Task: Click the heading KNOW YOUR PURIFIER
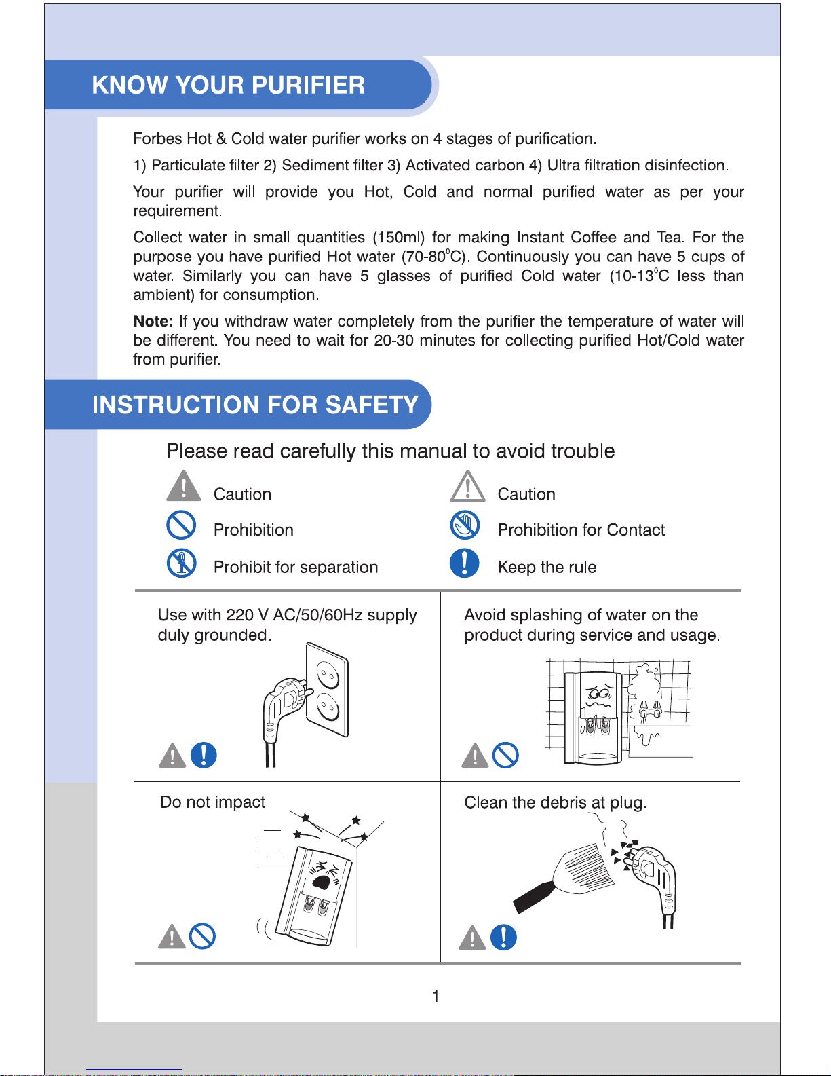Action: coord(228,85)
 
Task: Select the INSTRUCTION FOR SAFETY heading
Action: coord(255,405)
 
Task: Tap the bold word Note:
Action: coord(153,321)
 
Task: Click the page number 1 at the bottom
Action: coord(436,996)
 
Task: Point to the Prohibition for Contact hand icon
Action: coord(465,525)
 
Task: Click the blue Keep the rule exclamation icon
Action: coord(464,563)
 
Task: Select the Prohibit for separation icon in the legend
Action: coord(182,563)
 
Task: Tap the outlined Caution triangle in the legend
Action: coord(467,486)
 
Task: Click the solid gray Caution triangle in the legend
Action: coord(184,486)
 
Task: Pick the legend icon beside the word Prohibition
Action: coord(182,525)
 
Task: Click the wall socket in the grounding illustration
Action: coord(327,689)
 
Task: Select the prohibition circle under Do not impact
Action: coord(202,936)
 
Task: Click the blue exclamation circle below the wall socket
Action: coord(204,755)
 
